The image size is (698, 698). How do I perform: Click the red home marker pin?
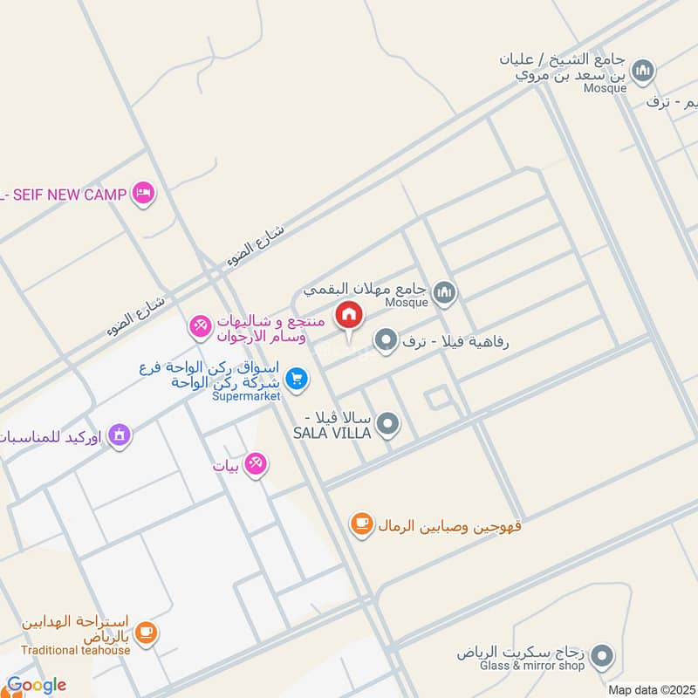349,316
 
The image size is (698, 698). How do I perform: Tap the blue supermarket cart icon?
297,378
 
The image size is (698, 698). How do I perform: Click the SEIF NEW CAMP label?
68,194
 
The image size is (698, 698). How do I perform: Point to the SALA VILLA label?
332,433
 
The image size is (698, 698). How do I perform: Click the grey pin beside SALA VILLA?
389,425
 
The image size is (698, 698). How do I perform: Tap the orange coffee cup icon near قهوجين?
361,524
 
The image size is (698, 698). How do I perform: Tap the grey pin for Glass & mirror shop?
601,655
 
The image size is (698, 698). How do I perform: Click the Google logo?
35,685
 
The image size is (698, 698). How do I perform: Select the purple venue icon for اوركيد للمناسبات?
120,434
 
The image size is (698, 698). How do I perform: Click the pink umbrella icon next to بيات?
256,465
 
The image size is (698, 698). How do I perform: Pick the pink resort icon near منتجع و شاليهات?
200,327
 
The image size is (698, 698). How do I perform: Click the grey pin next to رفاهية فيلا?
385,339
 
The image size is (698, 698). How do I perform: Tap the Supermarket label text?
246,396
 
